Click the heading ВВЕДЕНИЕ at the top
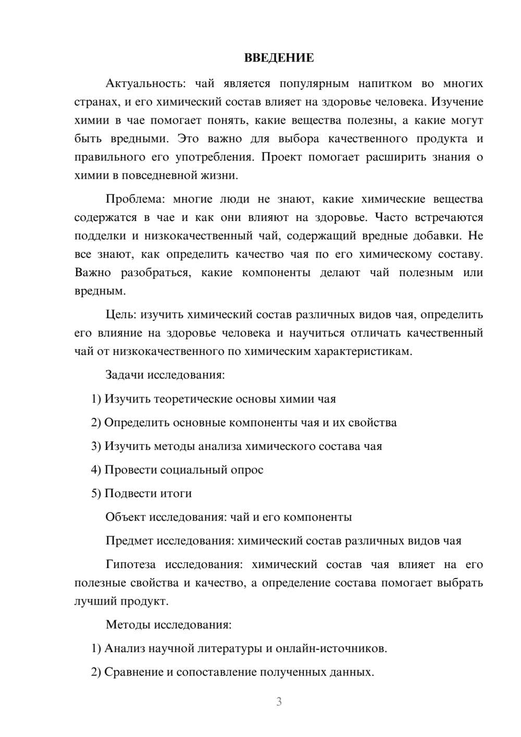pos(279,58)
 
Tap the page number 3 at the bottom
pos(279,702)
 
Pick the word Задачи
pos(125,375)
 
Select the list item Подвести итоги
pos(148,493)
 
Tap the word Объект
pos(126,517)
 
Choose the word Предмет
pos(129,541)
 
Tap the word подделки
pos(98,236)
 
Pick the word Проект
pos(281,157)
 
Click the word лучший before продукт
pos(96,601)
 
